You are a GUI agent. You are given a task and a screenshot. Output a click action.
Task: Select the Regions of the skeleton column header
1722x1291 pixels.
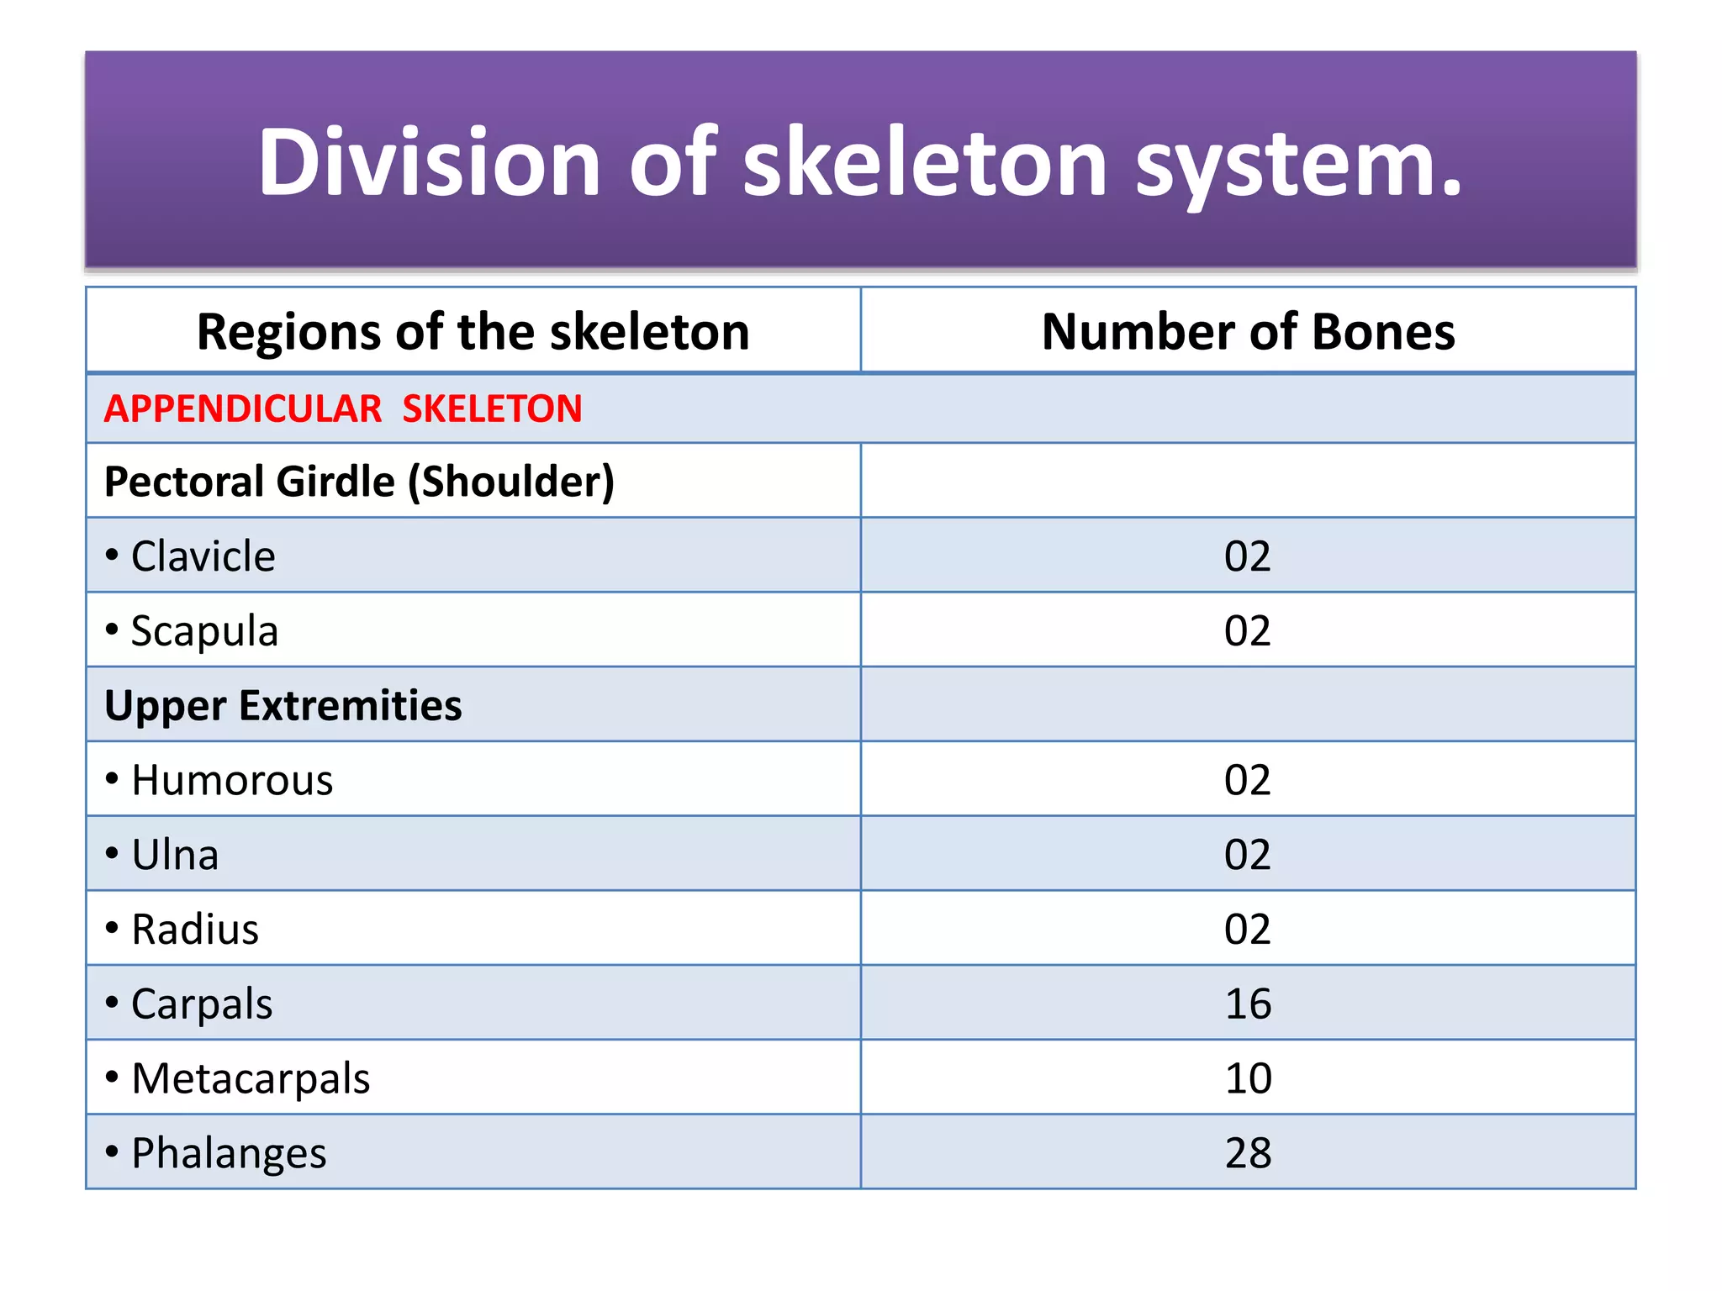coord(473,331)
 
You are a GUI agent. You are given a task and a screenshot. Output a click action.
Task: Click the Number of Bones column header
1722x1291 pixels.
coord(1248,331)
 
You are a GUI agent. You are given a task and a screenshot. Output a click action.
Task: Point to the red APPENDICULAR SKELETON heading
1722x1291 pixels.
coord(343,409)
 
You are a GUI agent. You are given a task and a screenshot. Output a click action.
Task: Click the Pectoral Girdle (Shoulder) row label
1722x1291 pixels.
coord(359,482)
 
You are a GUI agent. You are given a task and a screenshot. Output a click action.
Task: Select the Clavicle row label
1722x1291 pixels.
coord(203,556)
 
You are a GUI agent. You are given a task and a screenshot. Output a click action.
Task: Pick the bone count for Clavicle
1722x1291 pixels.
coord(1248,556)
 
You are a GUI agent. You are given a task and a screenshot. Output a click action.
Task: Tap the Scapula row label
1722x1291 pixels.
coord(204,631)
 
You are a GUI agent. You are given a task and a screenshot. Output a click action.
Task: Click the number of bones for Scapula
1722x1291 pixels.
coord(1248,631)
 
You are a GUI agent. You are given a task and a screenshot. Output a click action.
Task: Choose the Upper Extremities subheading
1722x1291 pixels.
coord(283,705)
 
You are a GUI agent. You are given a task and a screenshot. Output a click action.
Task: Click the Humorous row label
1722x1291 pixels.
coord(232,780)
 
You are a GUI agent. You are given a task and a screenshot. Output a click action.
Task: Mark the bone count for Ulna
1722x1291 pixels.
coord(1248,855)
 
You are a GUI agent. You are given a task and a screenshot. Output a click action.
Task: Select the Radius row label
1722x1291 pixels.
coord(195,930)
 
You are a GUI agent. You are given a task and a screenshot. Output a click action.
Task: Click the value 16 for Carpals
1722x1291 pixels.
coord(1248,1004)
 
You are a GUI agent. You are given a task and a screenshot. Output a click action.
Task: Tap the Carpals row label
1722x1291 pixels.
coord(202,1004)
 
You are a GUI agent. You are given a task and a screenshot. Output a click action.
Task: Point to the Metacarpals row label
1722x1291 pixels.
coord(251,1078)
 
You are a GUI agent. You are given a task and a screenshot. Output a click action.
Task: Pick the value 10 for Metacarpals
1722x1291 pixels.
coord(1248,1078)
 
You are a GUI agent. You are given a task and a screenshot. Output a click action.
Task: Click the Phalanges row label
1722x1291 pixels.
coord(229,1153)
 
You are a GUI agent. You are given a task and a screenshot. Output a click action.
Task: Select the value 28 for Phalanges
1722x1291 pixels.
coord(1248,1153)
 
